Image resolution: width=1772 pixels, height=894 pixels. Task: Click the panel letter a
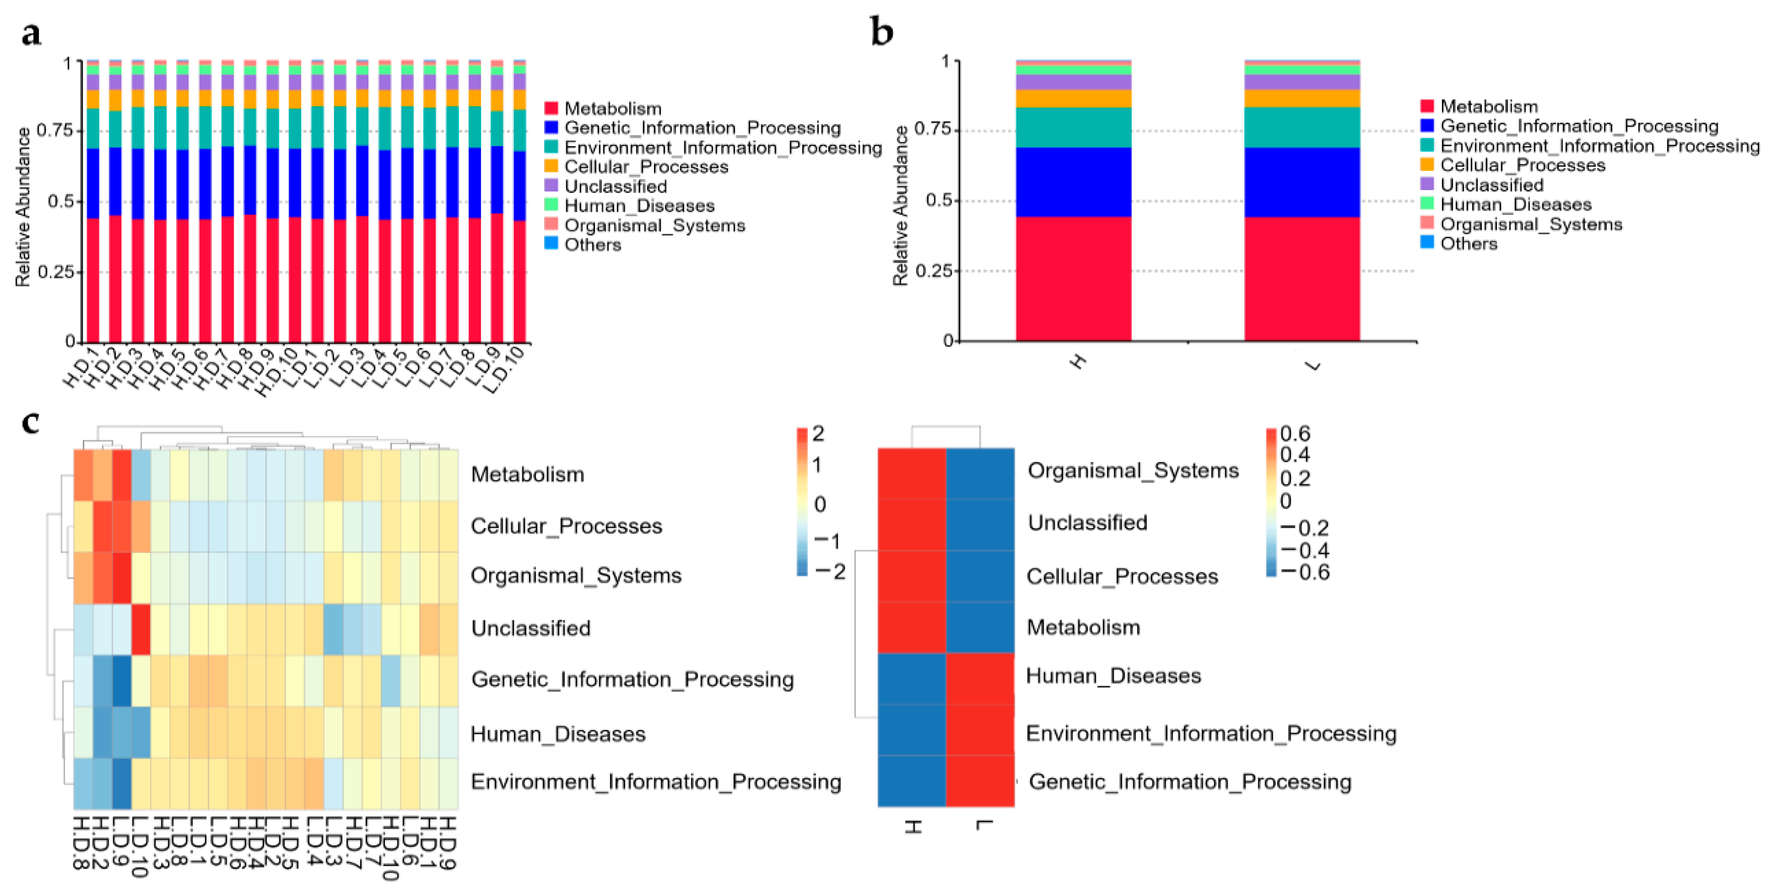[x=31, y=33]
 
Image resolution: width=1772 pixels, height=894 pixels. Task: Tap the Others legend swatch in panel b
[x=1427, y=242]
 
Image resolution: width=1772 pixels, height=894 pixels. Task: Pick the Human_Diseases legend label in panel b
[x=1516, y=205]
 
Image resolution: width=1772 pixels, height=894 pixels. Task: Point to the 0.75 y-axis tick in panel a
[x=54, y=130]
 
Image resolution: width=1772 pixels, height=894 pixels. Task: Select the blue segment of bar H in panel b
[x=1073, y=182]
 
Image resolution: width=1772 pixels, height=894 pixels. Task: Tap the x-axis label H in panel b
[x=1077, y=361]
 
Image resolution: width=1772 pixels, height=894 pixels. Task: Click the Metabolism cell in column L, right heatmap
[x=979, y=627]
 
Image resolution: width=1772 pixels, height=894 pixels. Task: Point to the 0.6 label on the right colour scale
[x=1295, y=433]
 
